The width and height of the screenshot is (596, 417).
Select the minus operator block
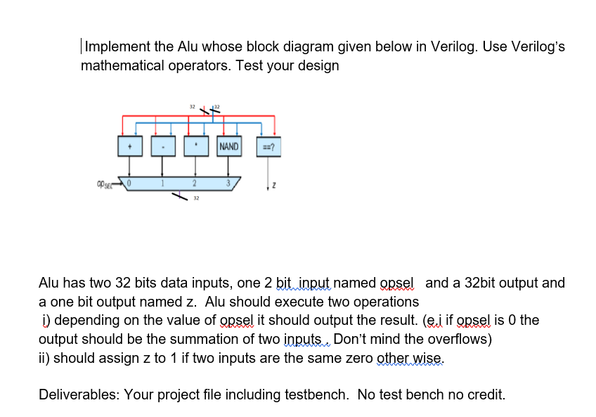(x=164, y=147)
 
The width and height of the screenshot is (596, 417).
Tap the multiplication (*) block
(x=197, y=147)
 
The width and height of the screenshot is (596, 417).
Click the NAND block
(x=230, y=147)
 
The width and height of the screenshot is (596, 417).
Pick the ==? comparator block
(x=268, y=147)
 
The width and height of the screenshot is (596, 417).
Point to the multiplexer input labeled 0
(x=129, y=183)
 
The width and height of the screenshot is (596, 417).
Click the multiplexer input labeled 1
(x=163, y=184)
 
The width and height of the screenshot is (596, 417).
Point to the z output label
(x=274, y=186)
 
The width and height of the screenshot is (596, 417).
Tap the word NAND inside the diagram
(x=230, y=147)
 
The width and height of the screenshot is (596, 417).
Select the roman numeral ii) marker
(x=44, y=357)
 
